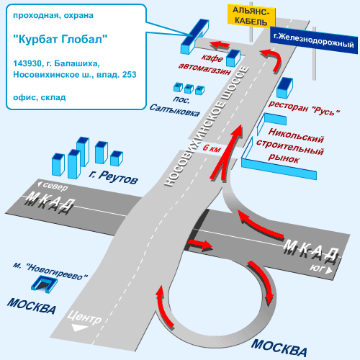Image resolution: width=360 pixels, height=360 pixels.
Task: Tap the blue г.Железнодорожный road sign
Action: [314, 40]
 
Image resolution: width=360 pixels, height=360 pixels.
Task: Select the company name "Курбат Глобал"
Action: [60, 39]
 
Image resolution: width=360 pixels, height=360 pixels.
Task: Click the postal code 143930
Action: [27, 63]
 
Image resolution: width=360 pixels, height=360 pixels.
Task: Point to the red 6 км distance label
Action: [212, 148]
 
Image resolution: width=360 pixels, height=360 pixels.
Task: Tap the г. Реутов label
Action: [113, 177]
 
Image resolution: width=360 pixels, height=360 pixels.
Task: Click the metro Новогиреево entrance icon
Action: [44, 284]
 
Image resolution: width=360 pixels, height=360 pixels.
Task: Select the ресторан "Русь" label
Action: [304, 108]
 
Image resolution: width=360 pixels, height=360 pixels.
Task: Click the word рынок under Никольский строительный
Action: [284, 158]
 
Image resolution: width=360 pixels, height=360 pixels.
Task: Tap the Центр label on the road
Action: [84, 318]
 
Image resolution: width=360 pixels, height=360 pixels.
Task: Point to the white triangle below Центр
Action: [79, 328]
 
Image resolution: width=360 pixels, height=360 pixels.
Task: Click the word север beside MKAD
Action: [55, 186]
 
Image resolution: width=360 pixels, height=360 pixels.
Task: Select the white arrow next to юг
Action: [328, 271]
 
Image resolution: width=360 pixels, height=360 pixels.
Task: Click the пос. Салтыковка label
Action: [175, 107]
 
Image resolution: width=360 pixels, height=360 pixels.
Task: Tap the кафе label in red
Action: [212, 58]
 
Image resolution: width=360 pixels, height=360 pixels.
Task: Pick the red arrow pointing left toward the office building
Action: [220, 45]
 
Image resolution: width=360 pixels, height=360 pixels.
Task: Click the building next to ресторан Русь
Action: [284, 88]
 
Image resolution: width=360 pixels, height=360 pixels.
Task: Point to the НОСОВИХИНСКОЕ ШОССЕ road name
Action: [207, 127]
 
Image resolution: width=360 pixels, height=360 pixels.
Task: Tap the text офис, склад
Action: [40, 97]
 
